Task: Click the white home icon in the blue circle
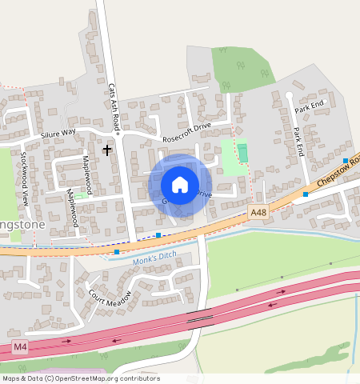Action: (180, 185)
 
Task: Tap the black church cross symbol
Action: (107, 150)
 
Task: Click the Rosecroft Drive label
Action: (186, 137)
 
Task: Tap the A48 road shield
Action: (257, 212)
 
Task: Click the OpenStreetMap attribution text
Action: (81, 378)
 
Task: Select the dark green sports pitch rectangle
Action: (242, 151)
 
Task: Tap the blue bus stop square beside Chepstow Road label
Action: (346, 161)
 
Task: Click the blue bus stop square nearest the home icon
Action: (158, 235)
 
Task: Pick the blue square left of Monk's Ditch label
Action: (117, 252)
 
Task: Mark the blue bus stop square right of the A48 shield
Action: (306, 194)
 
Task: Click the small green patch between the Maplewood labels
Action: (81, 196)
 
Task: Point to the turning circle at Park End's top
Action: (289, 95)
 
